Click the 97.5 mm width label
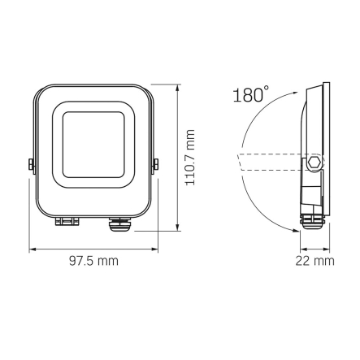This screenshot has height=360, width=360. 94,260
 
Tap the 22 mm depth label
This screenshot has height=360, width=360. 315,260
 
